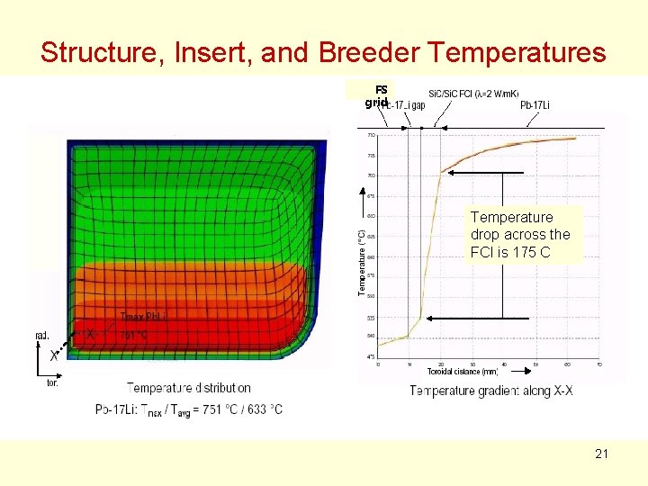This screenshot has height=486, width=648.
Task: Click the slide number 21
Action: point(601,454)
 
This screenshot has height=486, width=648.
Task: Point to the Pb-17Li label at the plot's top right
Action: point(535,105)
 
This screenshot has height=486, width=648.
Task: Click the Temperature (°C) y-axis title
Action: point(362,261)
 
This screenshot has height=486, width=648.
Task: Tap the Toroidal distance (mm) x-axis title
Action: point(462,371)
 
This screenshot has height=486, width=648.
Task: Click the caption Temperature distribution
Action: point(189,388)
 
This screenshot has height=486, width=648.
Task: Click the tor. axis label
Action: point(52,382)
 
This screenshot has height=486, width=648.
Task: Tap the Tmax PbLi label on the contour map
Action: point(143,316)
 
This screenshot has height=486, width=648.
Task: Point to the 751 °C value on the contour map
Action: point(134,335)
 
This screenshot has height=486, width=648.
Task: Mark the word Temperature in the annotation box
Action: point(511,217)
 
